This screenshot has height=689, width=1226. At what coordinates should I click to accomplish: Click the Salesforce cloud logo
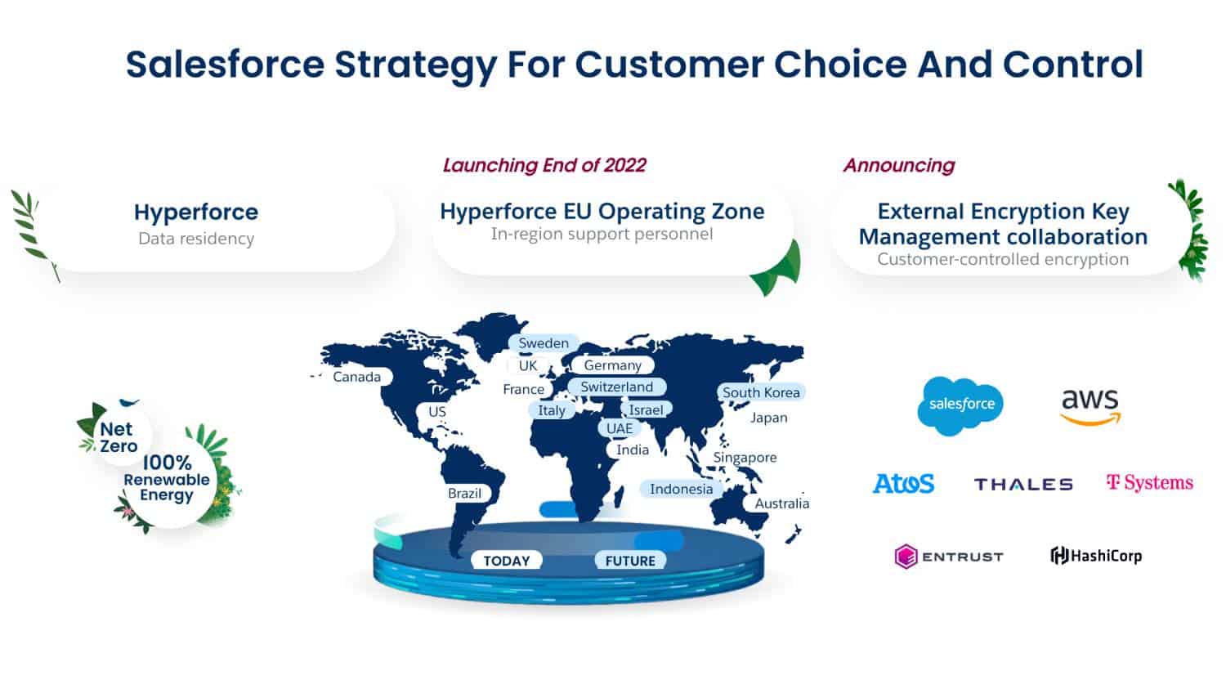[x=960, y=405]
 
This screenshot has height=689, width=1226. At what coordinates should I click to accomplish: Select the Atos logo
[x=903, y=483]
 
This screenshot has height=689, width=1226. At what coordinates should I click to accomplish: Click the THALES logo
[x=1023, y=484]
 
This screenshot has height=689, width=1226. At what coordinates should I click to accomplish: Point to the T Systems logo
[x=1149, y=482]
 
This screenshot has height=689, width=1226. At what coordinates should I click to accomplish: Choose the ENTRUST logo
[x=949, y=557]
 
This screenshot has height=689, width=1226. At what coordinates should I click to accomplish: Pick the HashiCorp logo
[x=1096, y=556]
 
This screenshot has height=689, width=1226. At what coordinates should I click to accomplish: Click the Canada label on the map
[x=356, y=377]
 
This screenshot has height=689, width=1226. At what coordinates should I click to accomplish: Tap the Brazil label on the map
[x=464, y=493]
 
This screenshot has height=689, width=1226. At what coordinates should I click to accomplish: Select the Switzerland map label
[x=617, y=387]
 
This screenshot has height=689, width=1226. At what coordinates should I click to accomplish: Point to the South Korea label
[x=761, y=392]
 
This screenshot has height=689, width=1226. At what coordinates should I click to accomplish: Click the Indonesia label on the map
[x=681, y=489]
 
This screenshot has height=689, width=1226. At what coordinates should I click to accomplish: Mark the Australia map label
[x=781, y=503]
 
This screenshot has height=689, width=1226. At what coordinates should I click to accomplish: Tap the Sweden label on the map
[x=544, y=343]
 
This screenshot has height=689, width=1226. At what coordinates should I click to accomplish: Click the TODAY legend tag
[x=507, y=561]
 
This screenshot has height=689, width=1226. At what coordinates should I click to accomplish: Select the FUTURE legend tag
[x=630, y=561]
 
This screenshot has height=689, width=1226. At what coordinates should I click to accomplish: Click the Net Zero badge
[x=119, y=437]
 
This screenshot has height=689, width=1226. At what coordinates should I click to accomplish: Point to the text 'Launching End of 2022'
[x=544, y=165]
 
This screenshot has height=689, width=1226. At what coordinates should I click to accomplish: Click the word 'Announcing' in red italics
[x=899, y=165]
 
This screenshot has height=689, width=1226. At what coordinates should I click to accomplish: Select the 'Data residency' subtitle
[x=196, y=239]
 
